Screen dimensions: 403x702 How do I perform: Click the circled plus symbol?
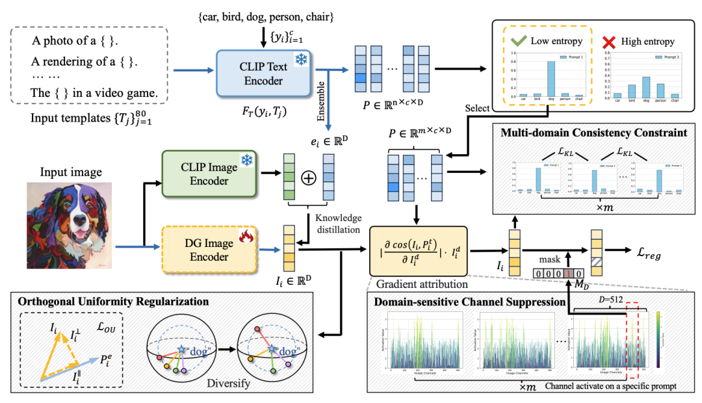click(309, 175)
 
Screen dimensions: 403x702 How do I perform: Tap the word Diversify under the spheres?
click(229, 384)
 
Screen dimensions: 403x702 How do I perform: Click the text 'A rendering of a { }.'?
click(84, 64)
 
